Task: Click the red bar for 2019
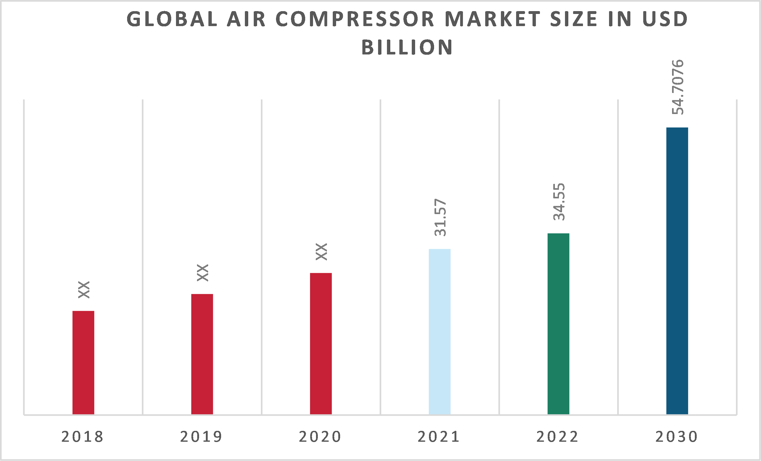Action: coord(202,354)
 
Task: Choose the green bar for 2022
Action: coord(558,324)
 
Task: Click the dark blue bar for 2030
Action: coord(677,271)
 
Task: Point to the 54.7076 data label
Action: coord(678,87)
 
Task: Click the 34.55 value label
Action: coord(559,202)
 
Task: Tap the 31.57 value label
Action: coord(440,218)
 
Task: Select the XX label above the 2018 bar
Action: coord(84,290)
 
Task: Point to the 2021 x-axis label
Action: coord(439,437)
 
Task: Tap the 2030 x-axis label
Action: coord(676,437)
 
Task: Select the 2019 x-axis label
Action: coord(201,437)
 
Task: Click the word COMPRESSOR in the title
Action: coord(355,19)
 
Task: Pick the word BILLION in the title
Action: coord(407,48)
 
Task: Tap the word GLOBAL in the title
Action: coord(172,19)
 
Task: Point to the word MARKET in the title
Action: coord(493,19)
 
